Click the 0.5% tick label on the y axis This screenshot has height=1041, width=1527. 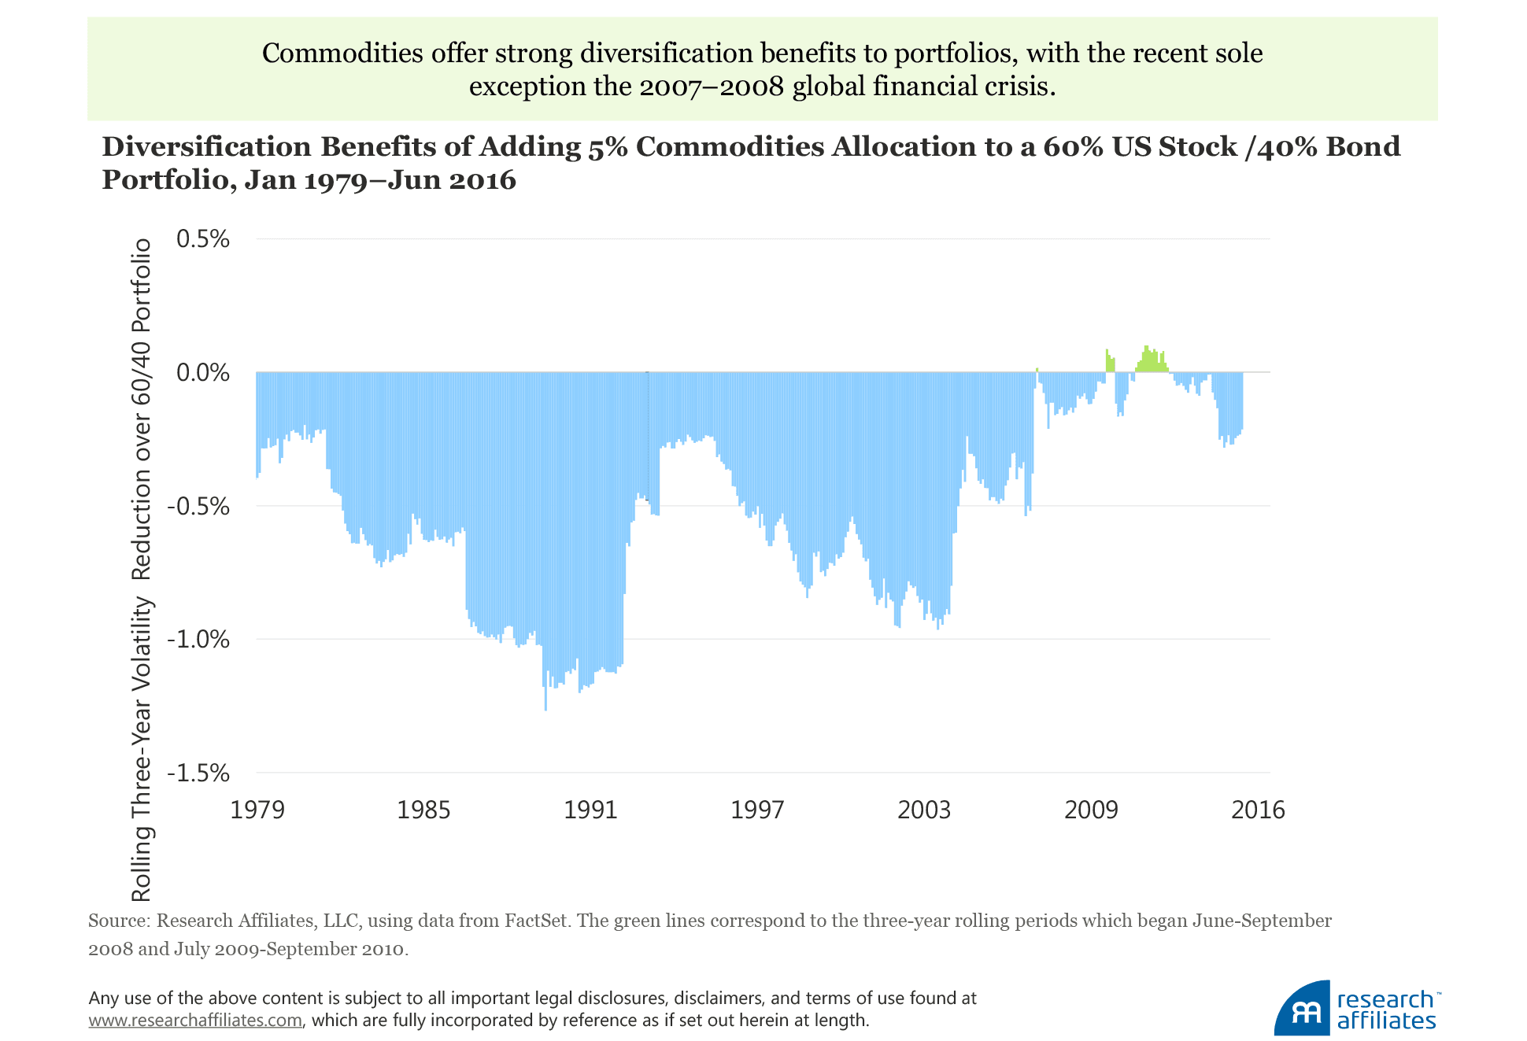click(x=203, y=239)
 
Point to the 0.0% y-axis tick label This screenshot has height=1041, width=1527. click(x=203, y=372)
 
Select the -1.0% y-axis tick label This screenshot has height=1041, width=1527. click(x=199, y=639)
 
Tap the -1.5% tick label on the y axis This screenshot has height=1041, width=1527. click(x=199, y=773)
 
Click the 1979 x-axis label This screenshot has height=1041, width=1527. click(x=257, y=810)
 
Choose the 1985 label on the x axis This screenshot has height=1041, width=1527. click(x=423, y=810)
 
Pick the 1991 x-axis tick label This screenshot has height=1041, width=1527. click(x=590, y=810)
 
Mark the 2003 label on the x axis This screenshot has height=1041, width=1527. click(x=924, y=810)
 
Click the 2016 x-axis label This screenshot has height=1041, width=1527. click(x=1258, y=810)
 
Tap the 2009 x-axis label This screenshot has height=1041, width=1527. click(x=1091, y=810)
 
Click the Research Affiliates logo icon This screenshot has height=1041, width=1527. click(x=1302, y=1009)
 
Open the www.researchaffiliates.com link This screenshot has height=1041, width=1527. click(x=195, y=1021)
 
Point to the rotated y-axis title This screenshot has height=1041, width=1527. click(x=142, y=570)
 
